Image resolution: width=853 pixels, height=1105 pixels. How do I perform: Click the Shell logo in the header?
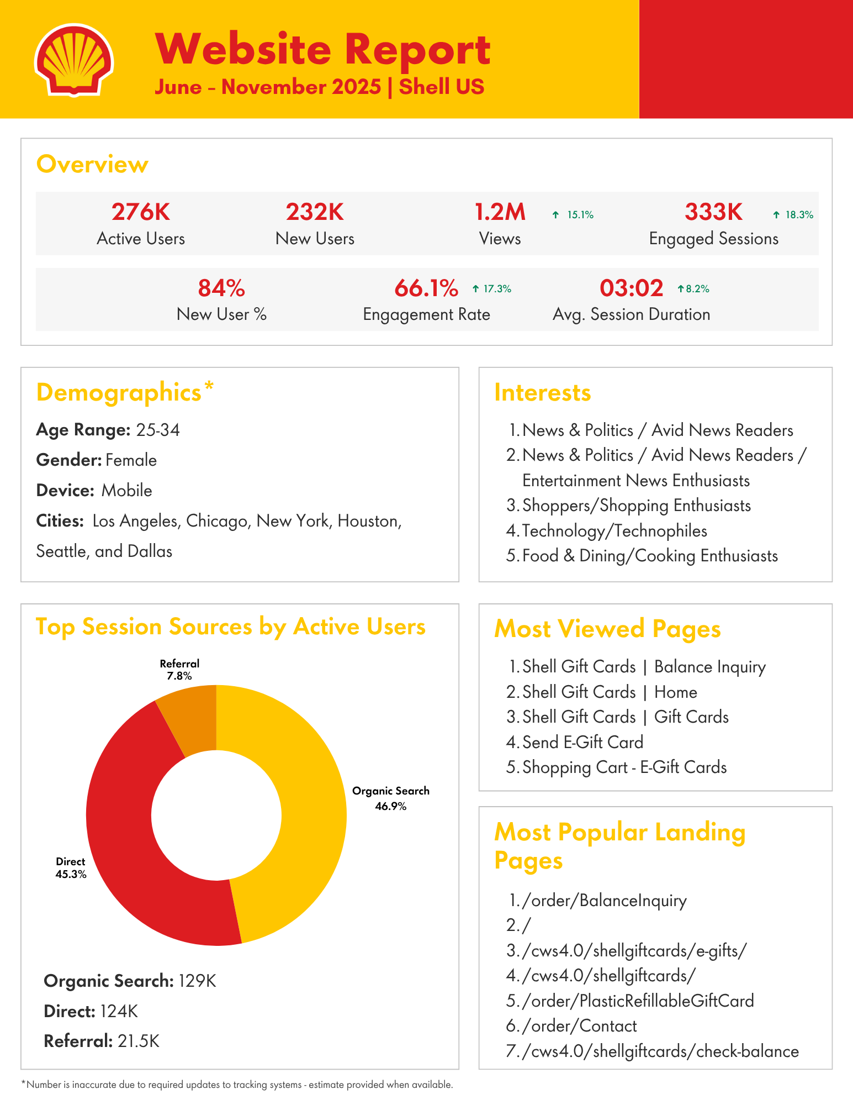pyautogui.click(x=74, y=60)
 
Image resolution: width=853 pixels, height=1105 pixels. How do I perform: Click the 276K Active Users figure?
pyautogui.click(x=141, y=212)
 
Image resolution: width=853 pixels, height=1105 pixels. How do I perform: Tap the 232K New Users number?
pyautogui.click(x=315, y=212)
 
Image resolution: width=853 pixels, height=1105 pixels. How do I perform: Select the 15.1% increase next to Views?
pyautogui.click(x=574, y=215)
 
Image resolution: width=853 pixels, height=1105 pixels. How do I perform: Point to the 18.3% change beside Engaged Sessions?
pyautogui.click(x=793, y=215)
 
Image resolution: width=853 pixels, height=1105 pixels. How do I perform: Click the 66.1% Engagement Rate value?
pyautogui.click(x=426, y=288)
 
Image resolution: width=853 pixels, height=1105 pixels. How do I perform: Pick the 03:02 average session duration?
pyautogui.click(x=631, y=288)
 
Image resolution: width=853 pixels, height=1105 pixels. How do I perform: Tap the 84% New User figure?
pyautogui.click(x=221, y=288)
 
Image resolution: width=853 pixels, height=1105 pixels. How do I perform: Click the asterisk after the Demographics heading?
pyautogui.click(x=209, y=387)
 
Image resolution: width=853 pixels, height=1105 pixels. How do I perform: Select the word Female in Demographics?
pyautogui.click(x=131, y=460)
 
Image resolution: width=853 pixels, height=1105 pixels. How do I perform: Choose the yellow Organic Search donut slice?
pyautogui.click(x=298, y=801)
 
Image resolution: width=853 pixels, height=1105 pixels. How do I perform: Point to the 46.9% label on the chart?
pyautogui.click(x=390, y=807)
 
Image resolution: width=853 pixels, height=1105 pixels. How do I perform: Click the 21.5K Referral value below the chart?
pyautogui.click(x=139, y=1041)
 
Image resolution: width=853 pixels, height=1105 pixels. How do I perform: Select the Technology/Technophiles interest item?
pyautogui.click(x=614, y=531)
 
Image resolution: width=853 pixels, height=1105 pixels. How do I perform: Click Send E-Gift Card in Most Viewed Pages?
pyautogui.click(x=582, y=742)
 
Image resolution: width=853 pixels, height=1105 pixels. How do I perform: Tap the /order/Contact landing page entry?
pyautogui.click(x=579, y=1026)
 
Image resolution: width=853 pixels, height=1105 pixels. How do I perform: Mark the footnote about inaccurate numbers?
pyautogui.click(x=237, y=1085)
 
